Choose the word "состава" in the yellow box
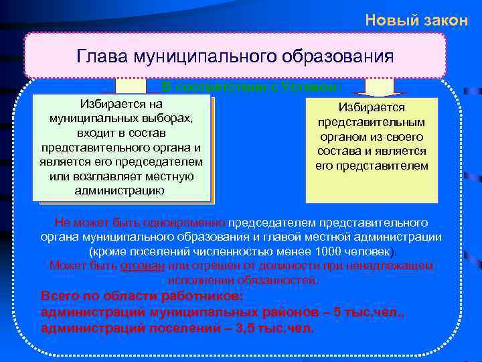tap(342, 151)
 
